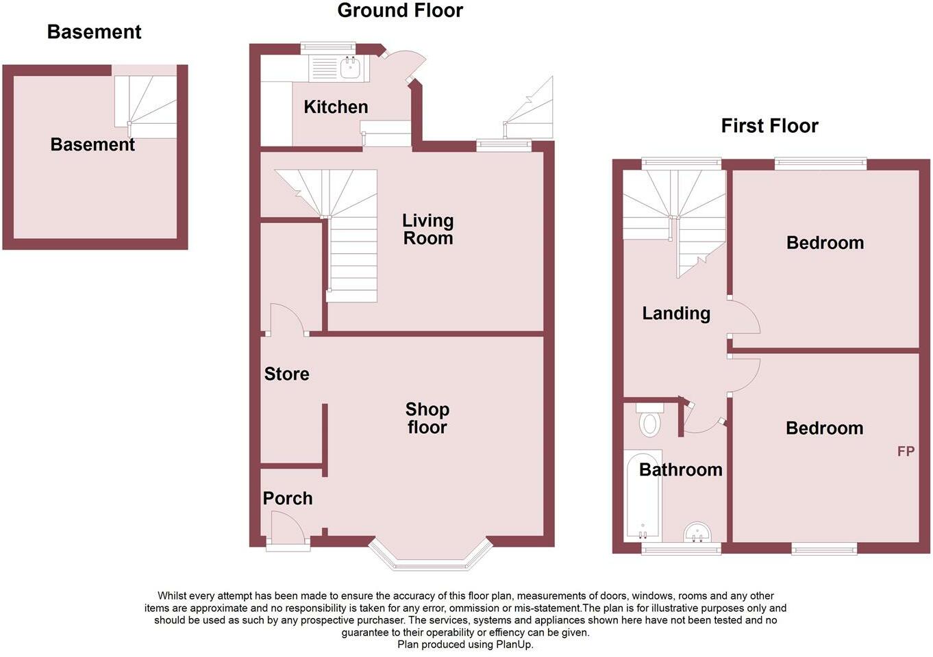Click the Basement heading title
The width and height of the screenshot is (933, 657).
point(94,32)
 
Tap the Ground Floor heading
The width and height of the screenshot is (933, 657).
point(400,11)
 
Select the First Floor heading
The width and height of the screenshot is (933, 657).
point(769,126)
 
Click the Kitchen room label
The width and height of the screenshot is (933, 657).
point(336,107)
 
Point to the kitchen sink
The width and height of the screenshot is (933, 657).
point(350,67)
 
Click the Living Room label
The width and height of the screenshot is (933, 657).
point(427,229)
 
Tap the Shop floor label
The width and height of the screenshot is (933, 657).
point(427,418)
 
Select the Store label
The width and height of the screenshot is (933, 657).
point(286,374)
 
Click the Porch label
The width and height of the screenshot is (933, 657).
point(288,498)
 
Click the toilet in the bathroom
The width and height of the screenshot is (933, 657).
point(649,420)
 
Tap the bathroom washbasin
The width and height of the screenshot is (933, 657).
point(697,532)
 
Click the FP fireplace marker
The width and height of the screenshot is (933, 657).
point(906,451)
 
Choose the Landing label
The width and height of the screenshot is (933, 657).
point(675,313)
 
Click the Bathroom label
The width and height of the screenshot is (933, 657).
point(680,469)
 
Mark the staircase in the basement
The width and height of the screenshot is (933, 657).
point(146,106)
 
